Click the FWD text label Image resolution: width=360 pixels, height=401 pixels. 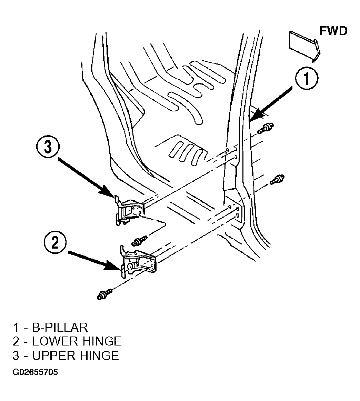[x=333, y=31]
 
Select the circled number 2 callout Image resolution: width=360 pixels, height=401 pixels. [x=55, y=243]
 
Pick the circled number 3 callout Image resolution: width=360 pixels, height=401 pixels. [x=48, y=148]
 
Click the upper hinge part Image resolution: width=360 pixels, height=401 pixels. [x=129, y=210]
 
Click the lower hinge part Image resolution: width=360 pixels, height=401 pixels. [x=138, y=262]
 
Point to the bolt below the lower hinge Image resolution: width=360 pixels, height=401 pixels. [x=104, y=294]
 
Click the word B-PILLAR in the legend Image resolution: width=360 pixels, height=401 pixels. [x=60, y=328]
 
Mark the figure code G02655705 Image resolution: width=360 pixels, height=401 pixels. [x=35, y=372]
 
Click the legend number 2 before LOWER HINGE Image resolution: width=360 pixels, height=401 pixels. [x=16, y=341]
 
